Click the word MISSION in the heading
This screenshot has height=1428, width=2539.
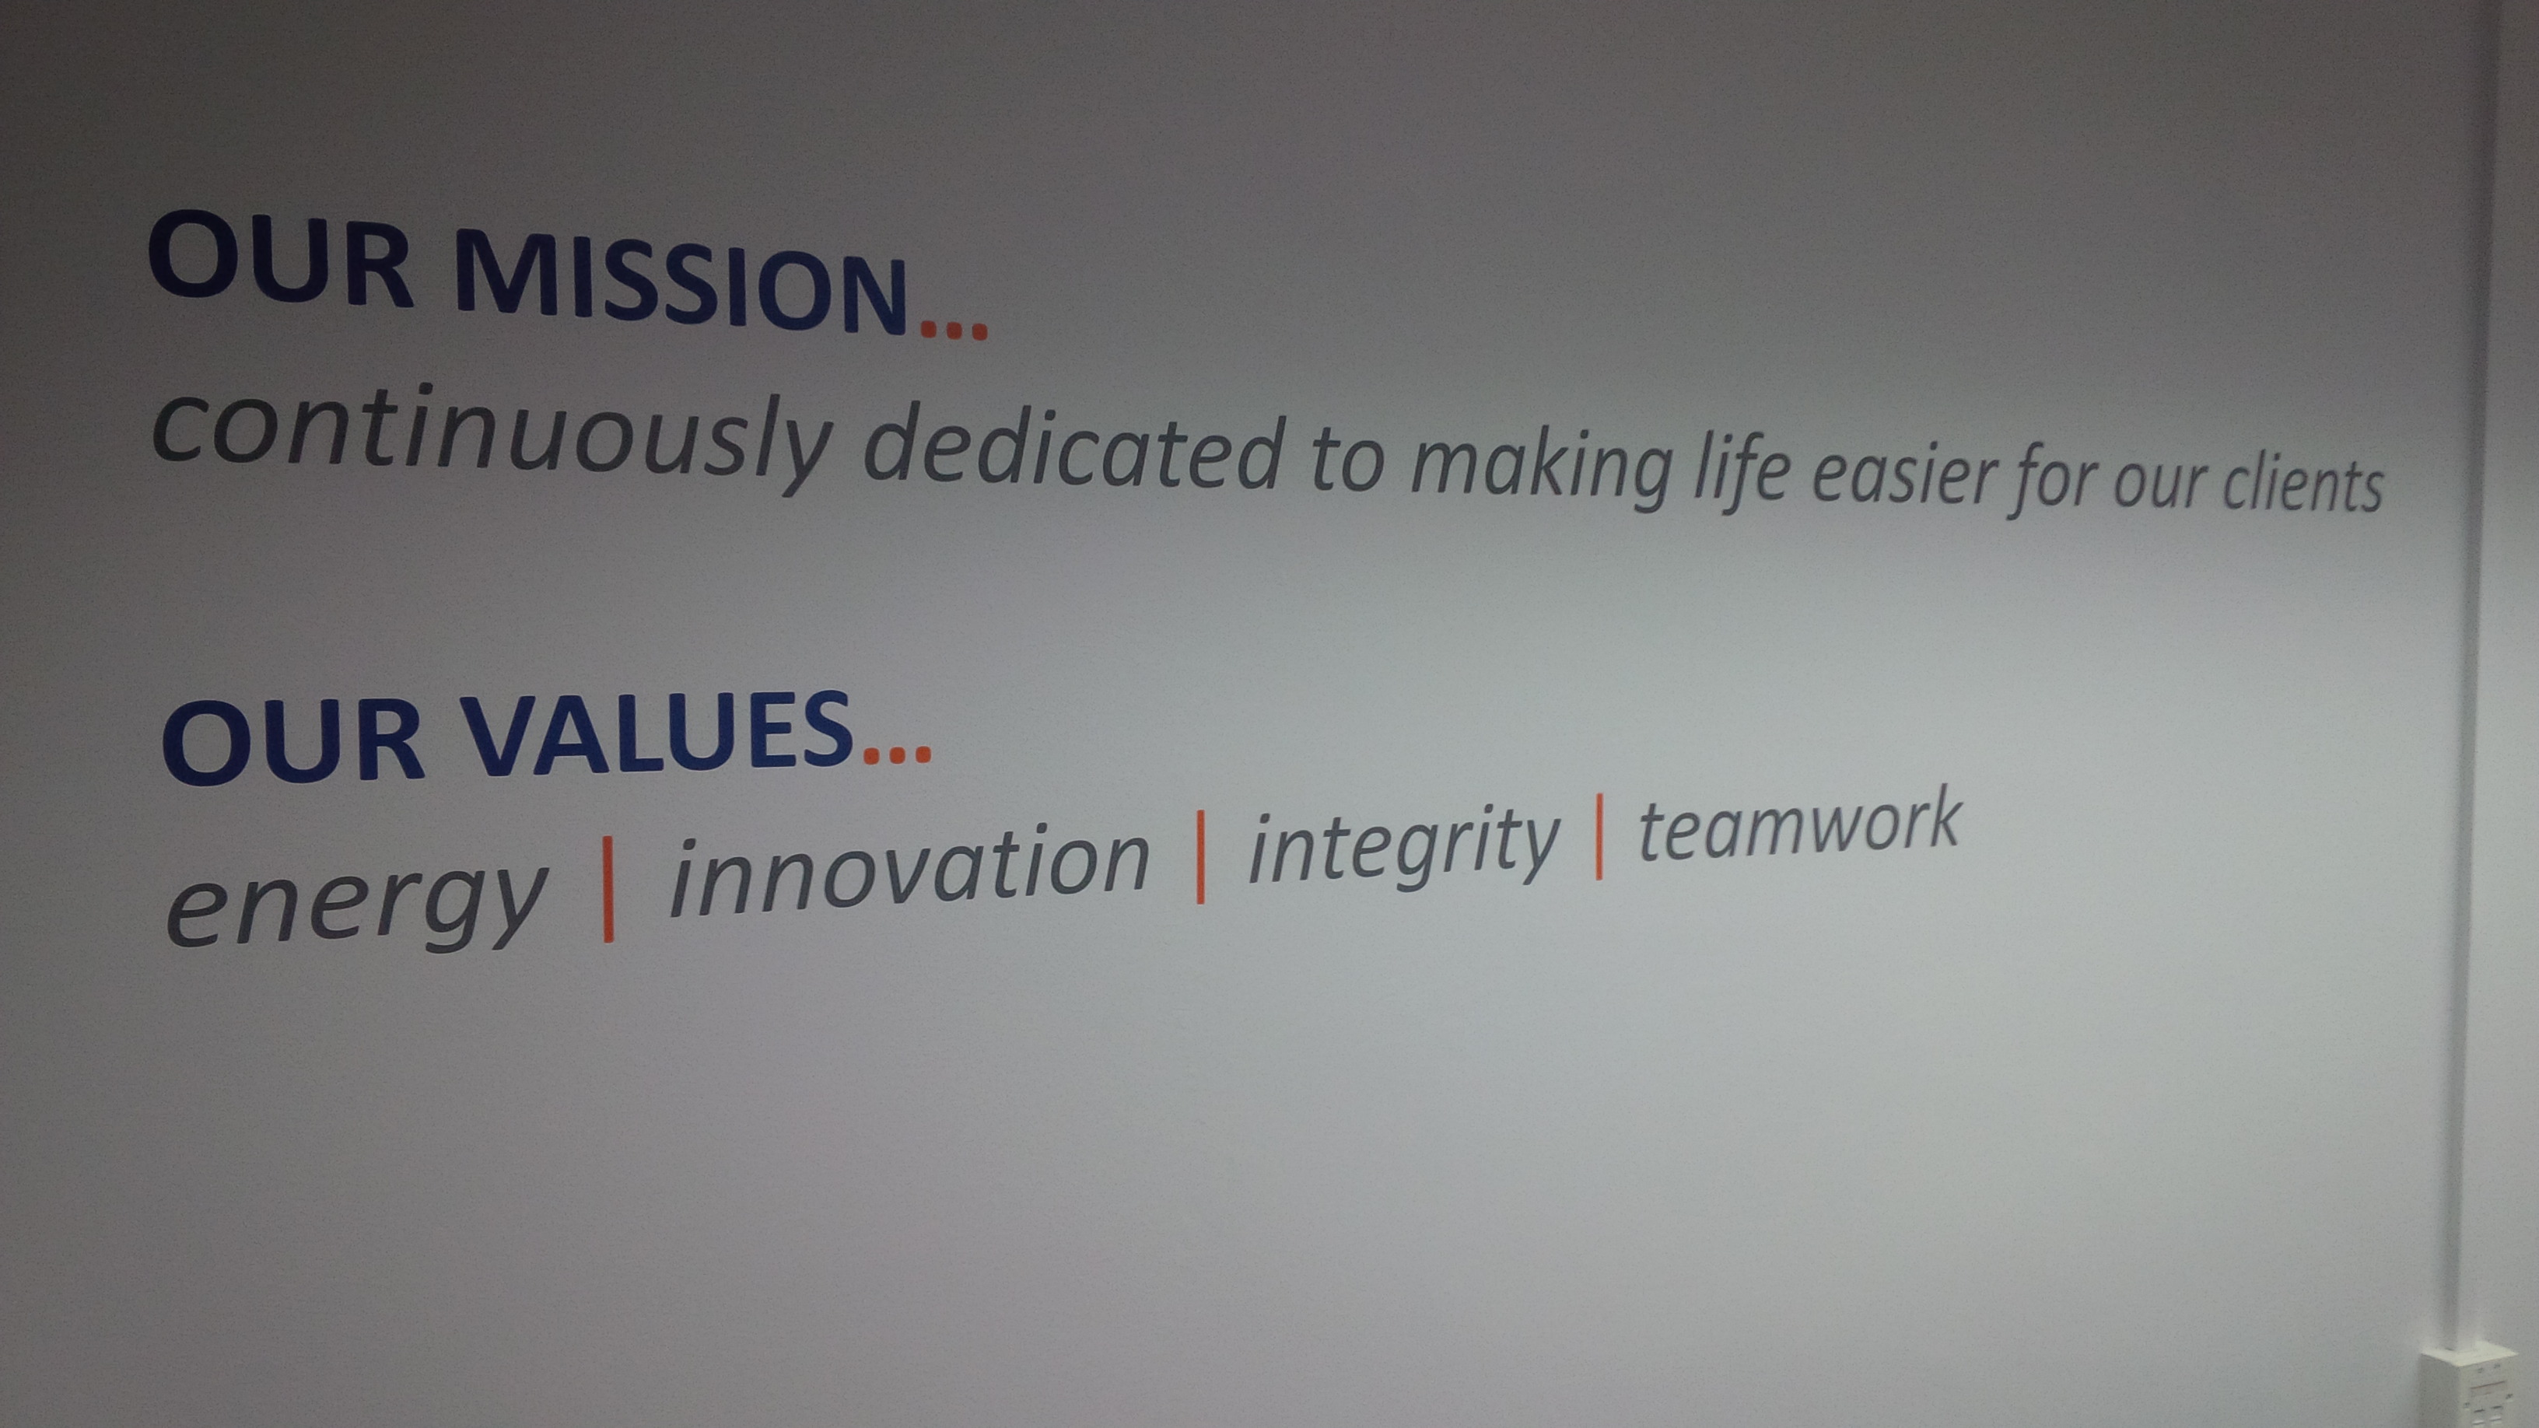[680, 282]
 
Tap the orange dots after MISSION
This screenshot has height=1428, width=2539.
[953, 329]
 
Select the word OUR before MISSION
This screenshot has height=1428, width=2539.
[280, 256]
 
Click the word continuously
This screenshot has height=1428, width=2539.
[493, 438]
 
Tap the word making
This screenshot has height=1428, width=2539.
[1543, 469]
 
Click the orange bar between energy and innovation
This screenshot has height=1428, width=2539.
[608, 890]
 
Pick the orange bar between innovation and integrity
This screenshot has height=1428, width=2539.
[1199, 857]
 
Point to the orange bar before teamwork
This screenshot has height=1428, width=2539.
[1599, 837]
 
